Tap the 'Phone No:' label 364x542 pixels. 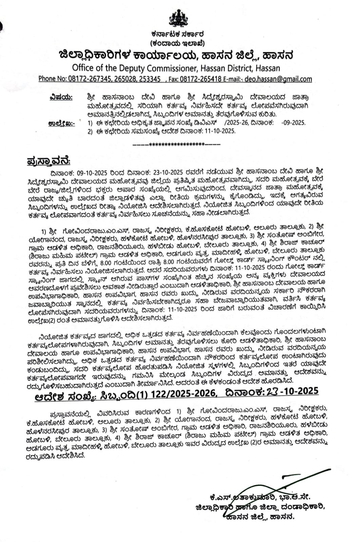53,79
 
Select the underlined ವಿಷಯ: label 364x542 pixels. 61,98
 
